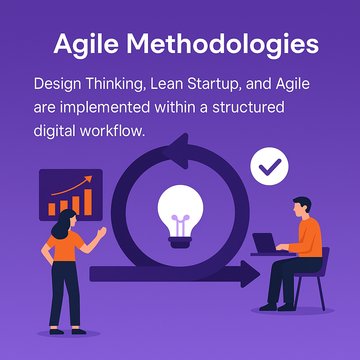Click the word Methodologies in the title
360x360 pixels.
pyautogui.click(x=223, y=44)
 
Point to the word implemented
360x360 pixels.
pyautogui.click(x=105, y=108)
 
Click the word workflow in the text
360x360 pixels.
pyautogui.click(x=112, y=131)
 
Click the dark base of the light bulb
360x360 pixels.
pyautogui.click(x=180, y=243)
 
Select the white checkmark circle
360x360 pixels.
pyautogui.click(x=269, y=166)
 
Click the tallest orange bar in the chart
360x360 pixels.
pyautogui.click(x=88, y=202)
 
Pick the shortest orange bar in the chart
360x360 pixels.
pyautogui.click(x=52, y=209)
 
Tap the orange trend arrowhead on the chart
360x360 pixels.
pyautogui.click(x=88, y=179)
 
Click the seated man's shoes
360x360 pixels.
pyautogui.click(x=277, y=307)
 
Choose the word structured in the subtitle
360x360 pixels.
pyautogui.click(x=248, y=108)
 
